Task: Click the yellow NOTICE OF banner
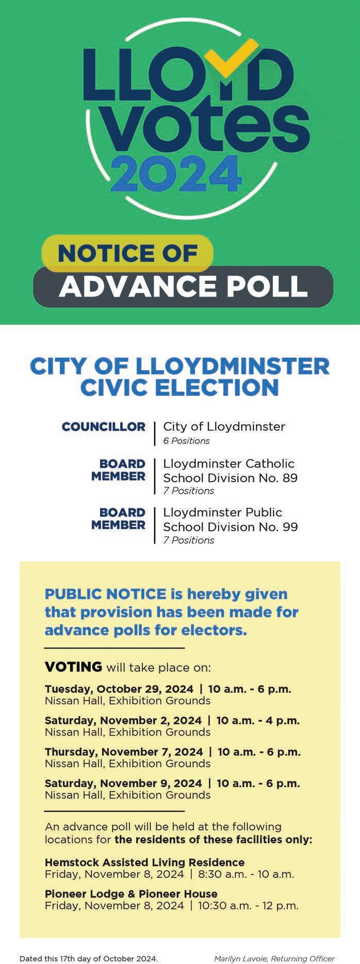click(127, 253)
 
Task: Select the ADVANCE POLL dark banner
click(183, 286)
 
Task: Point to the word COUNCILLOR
click(104, 427)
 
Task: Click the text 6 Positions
click(186, 441)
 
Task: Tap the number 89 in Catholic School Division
click(289, 478)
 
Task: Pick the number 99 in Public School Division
click(289, 527)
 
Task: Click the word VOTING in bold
click(73, 667)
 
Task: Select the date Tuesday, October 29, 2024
click(119, 689)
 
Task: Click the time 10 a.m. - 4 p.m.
click(258, 720)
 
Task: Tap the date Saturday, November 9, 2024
click(123, 783)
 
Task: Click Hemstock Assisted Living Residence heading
click(144, 862)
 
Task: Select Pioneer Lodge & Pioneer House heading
click(131, 894)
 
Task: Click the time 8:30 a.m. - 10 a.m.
click(246, 874)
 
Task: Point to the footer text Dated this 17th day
click(88, 958)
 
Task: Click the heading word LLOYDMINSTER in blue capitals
click(232, 367)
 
